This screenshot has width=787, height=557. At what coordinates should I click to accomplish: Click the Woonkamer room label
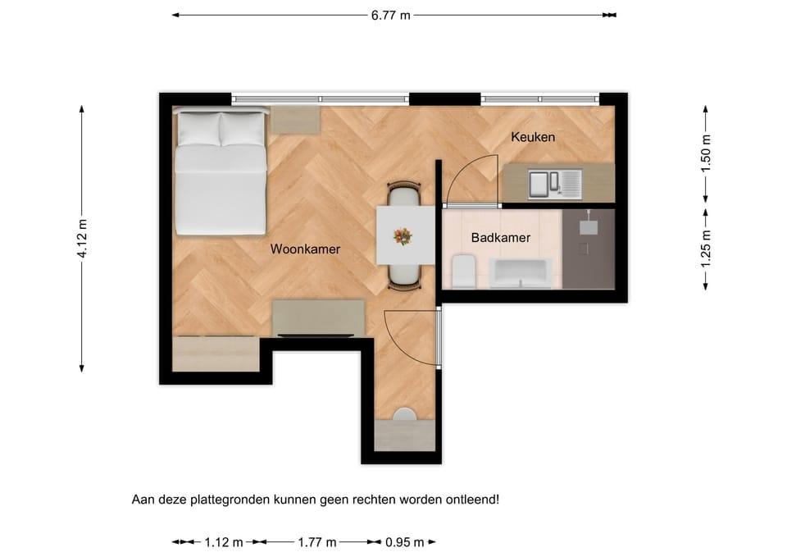tap(305, 249)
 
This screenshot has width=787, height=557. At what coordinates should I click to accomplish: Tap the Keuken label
tap(533, 137)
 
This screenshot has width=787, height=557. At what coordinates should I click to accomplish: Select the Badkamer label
tap(500, 238)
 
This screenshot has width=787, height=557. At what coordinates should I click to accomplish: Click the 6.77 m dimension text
tap(390, 16)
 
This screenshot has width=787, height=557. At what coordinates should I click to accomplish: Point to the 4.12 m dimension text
tap(83, 239)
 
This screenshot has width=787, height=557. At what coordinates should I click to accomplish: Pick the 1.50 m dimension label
tap(706, 153)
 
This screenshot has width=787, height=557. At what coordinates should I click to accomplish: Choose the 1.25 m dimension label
tap(706, 249)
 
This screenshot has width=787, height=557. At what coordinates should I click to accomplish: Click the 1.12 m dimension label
tap(224, 542)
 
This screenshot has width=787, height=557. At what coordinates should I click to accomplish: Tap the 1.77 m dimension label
tap(317, 542)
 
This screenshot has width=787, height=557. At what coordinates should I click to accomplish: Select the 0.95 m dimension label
tap(404, 542)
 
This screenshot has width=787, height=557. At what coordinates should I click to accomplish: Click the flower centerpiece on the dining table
tap(403, 236)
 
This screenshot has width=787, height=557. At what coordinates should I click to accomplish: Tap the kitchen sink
tap(555, 183)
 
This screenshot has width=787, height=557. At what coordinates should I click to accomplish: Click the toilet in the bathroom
tap(463, 272)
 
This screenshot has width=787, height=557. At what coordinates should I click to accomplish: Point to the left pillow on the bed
tap(199, 129)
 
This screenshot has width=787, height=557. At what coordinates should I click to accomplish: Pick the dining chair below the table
tap(404, 277)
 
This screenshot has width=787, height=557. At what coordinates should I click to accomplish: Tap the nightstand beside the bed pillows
tap(295, 120)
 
